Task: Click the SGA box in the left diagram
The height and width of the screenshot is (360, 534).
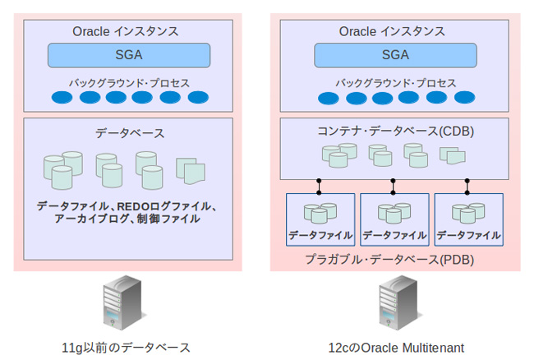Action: click(x=128, y=55)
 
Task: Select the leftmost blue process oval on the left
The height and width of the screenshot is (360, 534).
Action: click(x=62, y=98)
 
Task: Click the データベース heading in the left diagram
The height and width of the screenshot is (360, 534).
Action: click(x=129, y=133)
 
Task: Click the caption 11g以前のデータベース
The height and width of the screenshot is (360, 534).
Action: click(x=126, y=348)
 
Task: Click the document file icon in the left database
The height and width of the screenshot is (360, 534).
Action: click(x=191, y=171)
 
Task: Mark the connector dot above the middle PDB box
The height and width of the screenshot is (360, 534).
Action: click(x=393, y=181)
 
